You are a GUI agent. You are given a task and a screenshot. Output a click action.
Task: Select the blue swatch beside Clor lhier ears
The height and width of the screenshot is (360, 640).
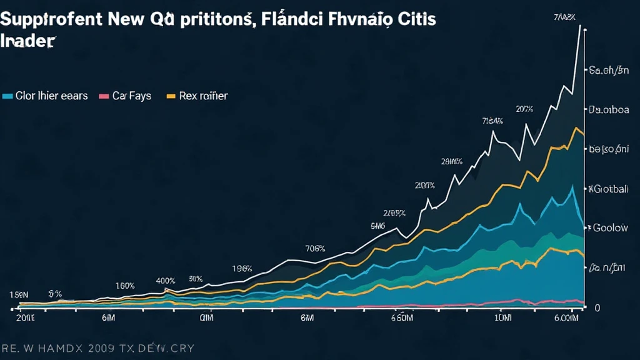click(8, 96)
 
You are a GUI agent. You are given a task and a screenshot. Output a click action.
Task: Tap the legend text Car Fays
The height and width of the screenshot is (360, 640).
click(132, 96)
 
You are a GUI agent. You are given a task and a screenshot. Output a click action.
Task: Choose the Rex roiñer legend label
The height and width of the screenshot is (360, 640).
click(203, 96)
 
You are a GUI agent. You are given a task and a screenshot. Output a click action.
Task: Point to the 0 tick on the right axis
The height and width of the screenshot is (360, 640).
click(597, 307)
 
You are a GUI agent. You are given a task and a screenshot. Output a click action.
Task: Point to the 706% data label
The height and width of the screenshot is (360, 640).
click(315, 248)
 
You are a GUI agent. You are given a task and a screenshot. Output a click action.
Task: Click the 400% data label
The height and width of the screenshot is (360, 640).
click(165, 281)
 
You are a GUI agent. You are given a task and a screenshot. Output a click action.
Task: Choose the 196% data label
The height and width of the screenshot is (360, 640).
click(242, 269)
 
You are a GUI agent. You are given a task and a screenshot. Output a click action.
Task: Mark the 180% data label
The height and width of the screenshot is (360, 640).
click(125, 286)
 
